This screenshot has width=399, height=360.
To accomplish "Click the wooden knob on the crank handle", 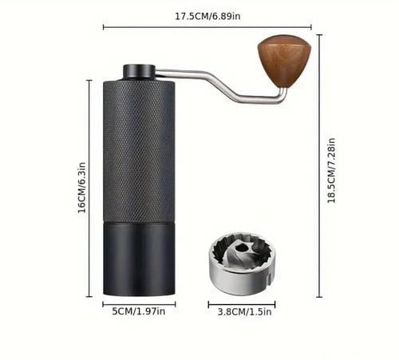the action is click(284, 61).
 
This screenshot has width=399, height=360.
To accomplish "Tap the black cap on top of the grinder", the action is click(139, 71).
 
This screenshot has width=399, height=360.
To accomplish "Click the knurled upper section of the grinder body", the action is click(139, 150).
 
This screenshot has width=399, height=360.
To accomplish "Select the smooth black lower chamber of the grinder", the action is click(139, 259).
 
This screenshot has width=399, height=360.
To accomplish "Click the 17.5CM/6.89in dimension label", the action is click(207, 16).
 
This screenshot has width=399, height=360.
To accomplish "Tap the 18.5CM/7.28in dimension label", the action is click(331, 171).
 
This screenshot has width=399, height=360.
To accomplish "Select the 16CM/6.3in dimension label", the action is click(82, 188).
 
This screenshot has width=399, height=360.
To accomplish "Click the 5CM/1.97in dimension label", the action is click(139, 311).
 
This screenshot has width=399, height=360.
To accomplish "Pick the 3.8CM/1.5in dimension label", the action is click(244, 312).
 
